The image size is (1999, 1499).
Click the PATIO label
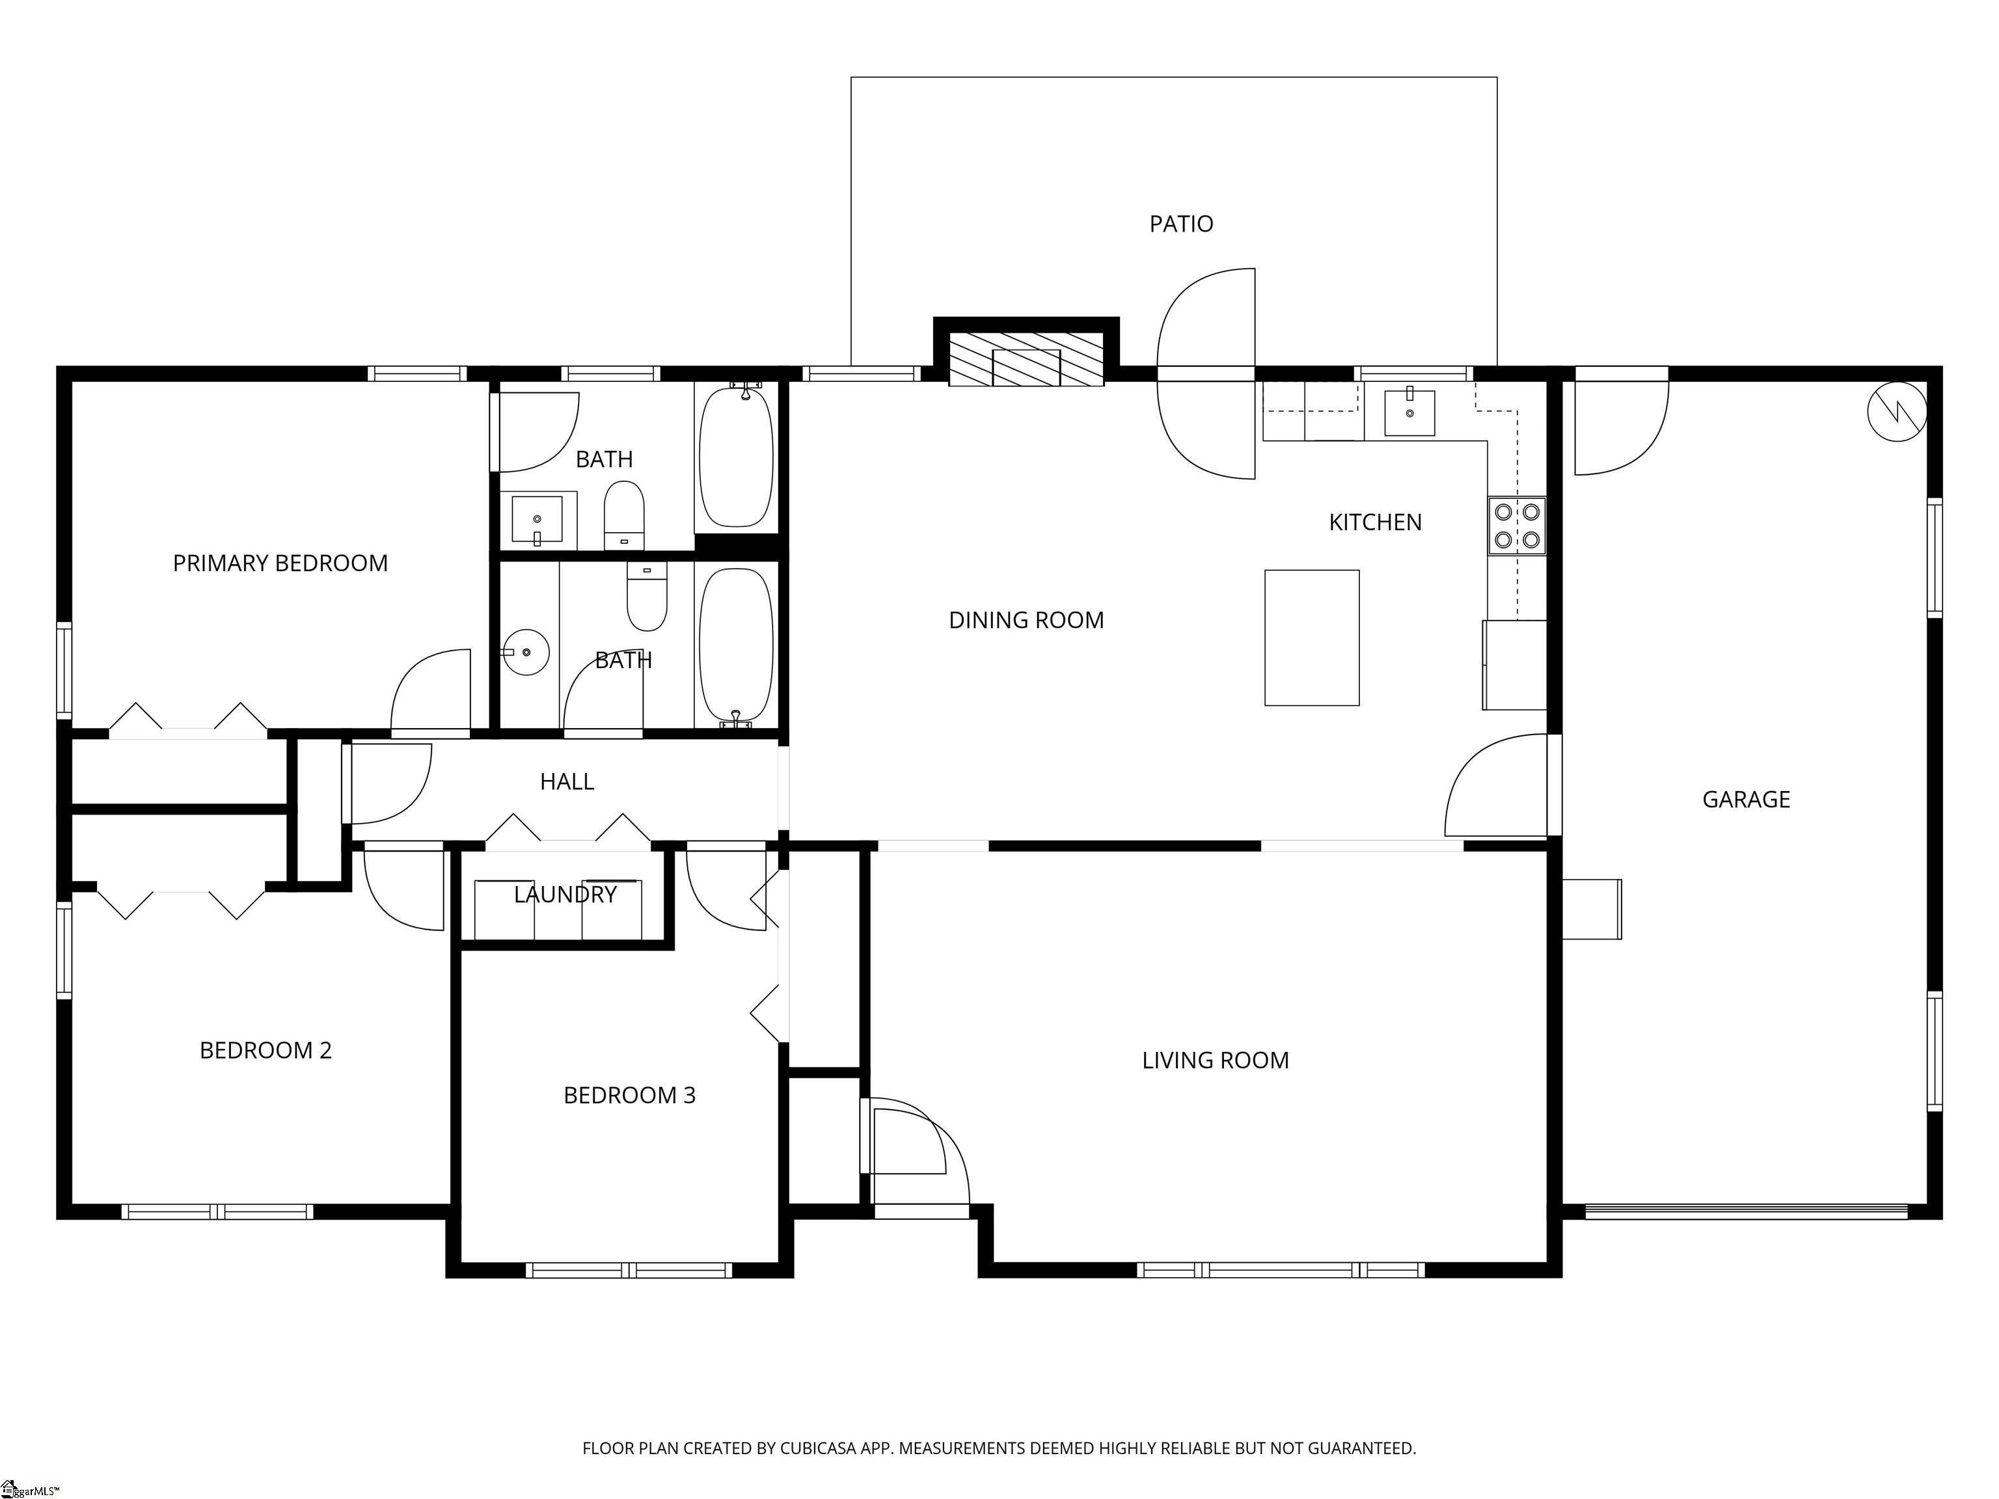coord(1180,223)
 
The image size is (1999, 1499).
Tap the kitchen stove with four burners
coord(1516,525)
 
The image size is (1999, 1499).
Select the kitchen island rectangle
coord(1311,637)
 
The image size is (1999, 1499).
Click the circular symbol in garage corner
coord(1896,412)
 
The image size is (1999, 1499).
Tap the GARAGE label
coord(1745,799)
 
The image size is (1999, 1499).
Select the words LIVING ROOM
coord(1215,1060)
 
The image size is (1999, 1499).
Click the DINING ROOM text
coord(1026,620)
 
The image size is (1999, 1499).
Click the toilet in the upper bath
coord(623,515)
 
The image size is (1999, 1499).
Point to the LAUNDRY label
coord(565,895)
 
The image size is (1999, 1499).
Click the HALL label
coord(567,781)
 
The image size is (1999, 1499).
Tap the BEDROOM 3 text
coord(629,1095)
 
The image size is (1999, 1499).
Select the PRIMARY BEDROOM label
coord(280,563)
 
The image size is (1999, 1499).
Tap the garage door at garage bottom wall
coord(1746,1211)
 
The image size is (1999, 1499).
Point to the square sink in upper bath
coord(537,520)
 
